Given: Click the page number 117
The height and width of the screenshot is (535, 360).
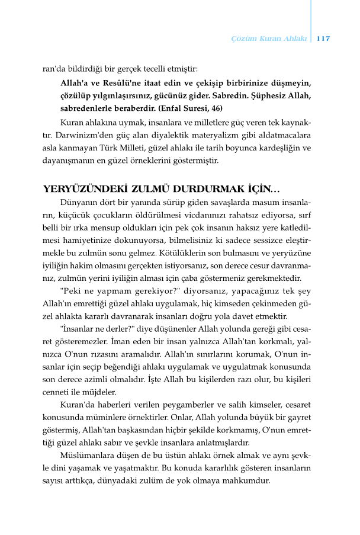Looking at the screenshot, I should point(323,39).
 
